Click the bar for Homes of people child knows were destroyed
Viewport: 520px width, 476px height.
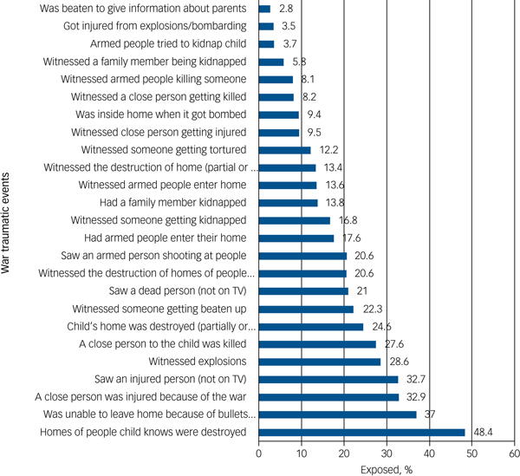tap(361, 433)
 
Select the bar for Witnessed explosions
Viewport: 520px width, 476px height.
tap(319, 362)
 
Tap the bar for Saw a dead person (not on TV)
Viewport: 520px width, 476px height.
tap(303, 291)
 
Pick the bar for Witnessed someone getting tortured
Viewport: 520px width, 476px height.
tap(284, 149)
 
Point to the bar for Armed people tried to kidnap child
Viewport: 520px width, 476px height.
tap(266, 43)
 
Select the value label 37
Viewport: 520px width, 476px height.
tap(430, 414)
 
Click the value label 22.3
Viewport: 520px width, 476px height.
tap(372, 309)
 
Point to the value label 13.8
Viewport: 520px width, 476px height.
tap(335, 203)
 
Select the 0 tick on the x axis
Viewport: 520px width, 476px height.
tap(259, 453)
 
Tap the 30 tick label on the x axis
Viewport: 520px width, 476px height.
tap(387, 453)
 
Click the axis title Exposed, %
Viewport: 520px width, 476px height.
tap(387, 469)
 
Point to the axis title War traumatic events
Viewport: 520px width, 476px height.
tap(8, 221)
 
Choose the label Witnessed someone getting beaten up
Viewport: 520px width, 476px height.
tap(165, 309)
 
